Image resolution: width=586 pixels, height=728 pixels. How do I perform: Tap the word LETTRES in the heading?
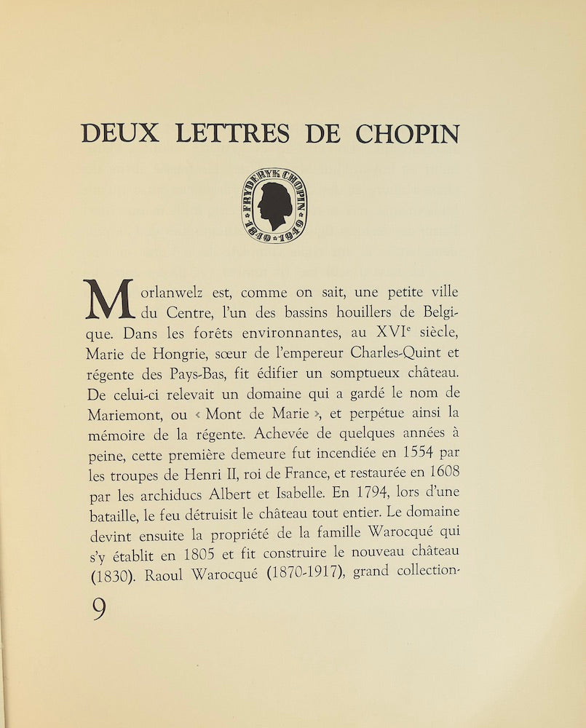click(229, 133)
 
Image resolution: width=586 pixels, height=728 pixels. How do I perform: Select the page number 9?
click(99, 609)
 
